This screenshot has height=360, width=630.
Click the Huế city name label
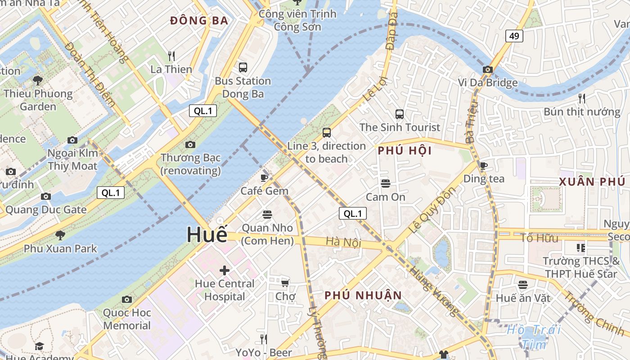pyautogui.click(x=207, y=235)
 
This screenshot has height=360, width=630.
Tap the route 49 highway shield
pyautogui.click(x=514, y=36)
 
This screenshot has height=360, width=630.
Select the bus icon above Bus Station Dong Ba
pyautogui.click(x=243, y=67)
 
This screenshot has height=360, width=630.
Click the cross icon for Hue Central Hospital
pyautogui.click(x=224, y=270)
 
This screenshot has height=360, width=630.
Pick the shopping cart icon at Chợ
pyautogui.click(x=285, y=283)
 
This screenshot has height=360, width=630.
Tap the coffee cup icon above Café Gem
pyautogui.click(x=264, y=177)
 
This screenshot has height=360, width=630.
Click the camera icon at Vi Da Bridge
pyautogui.click(x=487, y=70)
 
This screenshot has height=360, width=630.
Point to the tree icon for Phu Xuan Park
pyautogui.click(x=60, y=235)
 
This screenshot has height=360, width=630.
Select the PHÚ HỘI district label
pyautogui.click(x=405, y=151)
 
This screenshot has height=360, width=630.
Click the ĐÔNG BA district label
pyautogui.click(x=199, y=21)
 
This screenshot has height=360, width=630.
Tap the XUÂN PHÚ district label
pyautogui.click(x=592, y=182)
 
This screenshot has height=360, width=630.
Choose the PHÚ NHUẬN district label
pyautogui.click(x=363, y=295)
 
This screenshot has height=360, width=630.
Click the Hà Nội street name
pyautogui.click(x=343, y=242)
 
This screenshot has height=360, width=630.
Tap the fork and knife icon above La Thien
pyautogui.click(x=171, y=56)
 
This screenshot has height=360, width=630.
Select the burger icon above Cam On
pyautogui.click(x=385, y=184)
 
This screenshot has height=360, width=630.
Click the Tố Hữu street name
pyautogui.click(x=539, y=238)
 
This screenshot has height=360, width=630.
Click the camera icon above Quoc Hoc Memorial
pyautogui.click(x=127, y=299)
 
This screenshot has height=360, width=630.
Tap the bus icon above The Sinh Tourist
pyautogui.click(x=399, y=114)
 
